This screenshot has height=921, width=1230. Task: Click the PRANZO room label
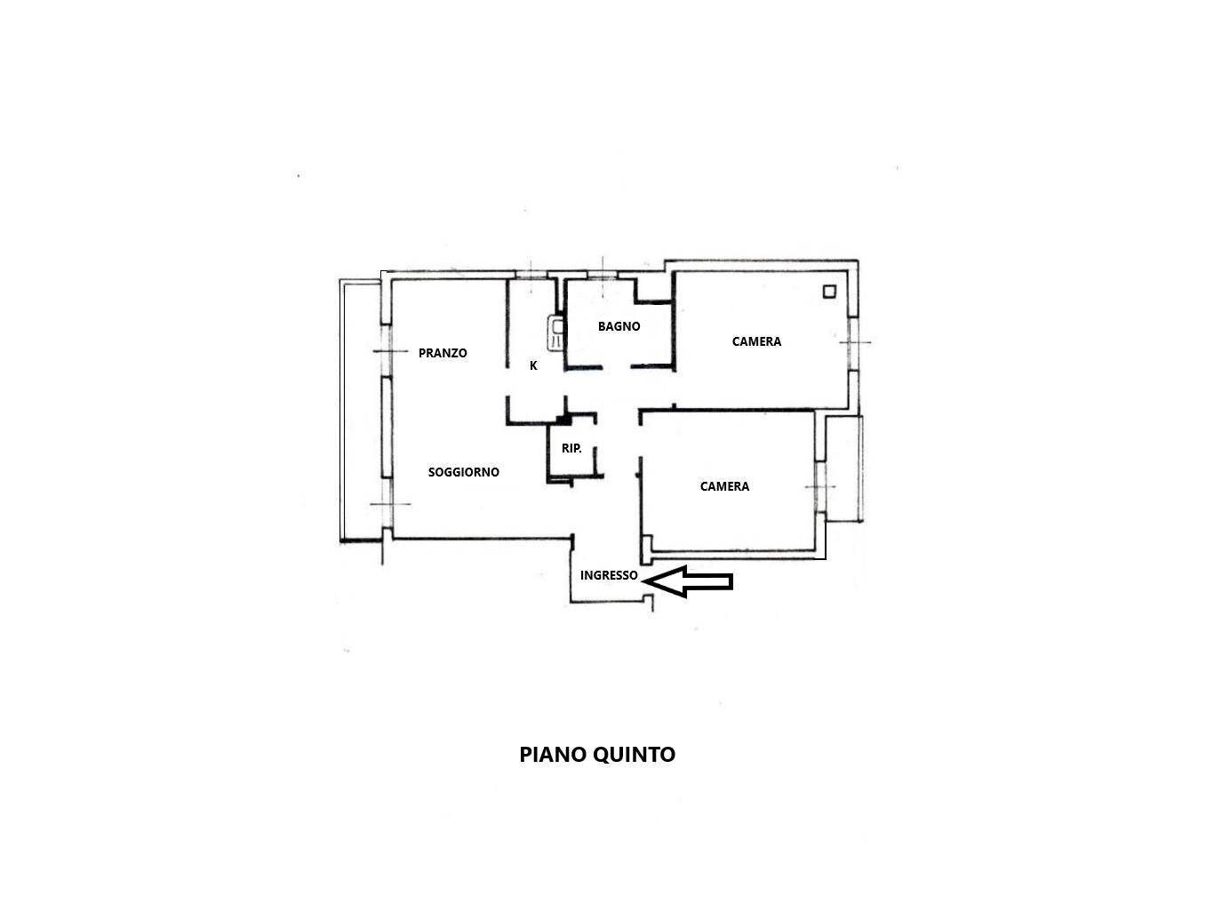442,353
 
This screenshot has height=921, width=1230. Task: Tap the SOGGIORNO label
463,472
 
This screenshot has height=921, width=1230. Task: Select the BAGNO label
619,326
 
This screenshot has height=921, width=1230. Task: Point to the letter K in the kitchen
533,365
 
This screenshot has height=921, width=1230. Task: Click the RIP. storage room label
571,448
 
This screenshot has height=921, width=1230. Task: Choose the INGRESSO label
609,575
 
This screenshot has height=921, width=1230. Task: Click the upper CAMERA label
756,341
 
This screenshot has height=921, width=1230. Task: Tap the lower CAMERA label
724,486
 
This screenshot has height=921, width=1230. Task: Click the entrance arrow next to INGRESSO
688,581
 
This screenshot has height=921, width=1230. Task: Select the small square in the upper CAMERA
829,292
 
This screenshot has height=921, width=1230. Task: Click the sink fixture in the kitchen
555,333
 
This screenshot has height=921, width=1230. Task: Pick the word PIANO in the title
553,755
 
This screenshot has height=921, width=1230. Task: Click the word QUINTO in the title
635,755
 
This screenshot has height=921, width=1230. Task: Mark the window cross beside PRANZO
390,351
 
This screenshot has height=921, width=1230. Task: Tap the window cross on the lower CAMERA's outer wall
820,486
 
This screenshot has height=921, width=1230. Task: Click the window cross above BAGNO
603,276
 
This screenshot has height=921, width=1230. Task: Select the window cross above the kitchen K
531,276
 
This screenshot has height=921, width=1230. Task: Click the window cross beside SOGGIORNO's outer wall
390,504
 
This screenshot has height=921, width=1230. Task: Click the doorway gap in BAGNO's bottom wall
617,368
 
